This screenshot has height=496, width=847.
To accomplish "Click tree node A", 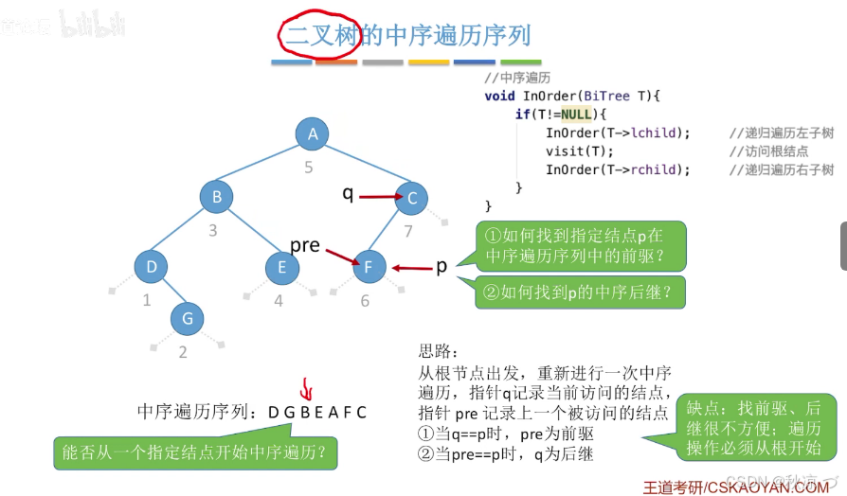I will (x=312, y=135).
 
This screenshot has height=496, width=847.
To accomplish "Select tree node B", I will (x=217, y=197).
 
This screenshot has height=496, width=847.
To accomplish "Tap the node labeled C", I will (x=412, y=199).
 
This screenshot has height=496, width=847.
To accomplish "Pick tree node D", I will (x=152, y=267).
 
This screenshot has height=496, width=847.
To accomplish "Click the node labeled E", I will (x=282, y=268).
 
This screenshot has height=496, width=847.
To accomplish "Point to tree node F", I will (x=369, y=268).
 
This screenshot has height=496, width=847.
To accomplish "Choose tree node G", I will (x=188, y=319).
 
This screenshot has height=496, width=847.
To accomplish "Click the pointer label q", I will (x=348, y=194).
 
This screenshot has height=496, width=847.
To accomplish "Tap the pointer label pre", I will (x=304, y=245).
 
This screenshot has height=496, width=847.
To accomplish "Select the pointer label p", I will (x=441, y=267).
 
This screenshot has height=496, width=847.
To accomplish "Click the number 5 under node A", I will (x=308, y=168).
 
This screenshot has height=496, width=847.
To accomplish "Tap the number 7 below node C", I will (x=408, y=231).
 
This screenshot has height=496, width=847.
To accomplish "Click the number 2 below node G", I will (x=183, y=353).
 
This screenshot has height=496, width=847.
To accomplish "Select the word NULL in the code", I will (x=576, y=115).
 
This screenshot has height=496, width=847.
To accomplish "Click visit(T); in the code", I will (x=580, y=151).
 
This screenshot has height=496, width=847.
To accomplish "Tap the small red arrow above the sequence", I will (x=306, y=388).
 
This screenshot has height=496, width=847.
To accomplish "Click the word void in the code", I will (x=499, y=96).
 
